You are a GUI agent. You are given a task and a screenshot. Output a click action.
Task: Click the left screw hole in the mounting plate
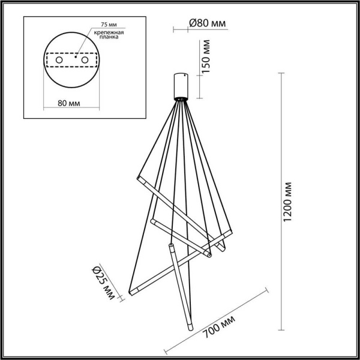point(59,61)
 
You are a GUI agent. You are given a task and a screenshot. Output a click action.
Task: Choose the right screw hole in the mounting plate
point(85,61)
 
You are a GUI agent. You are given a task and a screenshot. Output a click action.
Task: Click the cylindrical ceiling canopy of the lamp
point(181,85)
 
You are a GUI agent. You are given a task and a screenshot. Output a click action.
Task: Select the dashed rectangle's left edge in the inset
point(47,61)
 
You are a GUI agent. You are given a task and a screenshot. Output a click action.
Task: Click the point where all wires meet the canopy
point(181,99)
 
